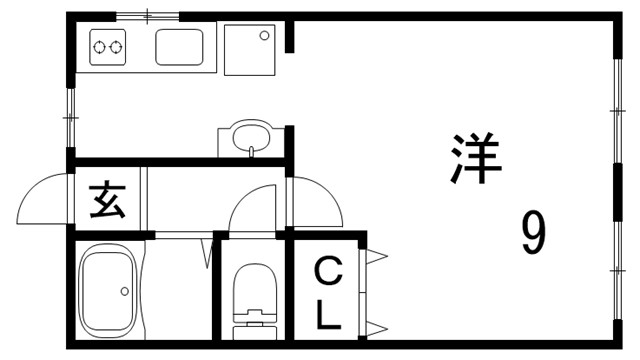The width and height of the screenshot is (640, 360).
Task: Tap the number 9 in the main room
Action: pos(533,235)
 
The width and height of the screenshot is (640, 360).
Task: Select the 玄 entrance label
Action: pos(107,202)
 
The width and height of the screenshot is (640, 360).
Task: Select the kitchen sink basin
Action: pos(180,46)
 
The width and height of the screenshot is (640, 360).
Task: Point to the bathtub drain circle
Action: pos(125,292)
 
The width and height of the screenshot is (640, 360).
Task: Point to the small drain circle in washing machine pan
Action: pos(265,36)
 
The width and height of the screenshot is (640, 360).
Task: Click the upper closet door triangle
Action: pos(377,258)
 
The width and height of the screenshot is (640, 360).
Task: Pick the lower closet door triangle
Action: pos(377,328)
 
